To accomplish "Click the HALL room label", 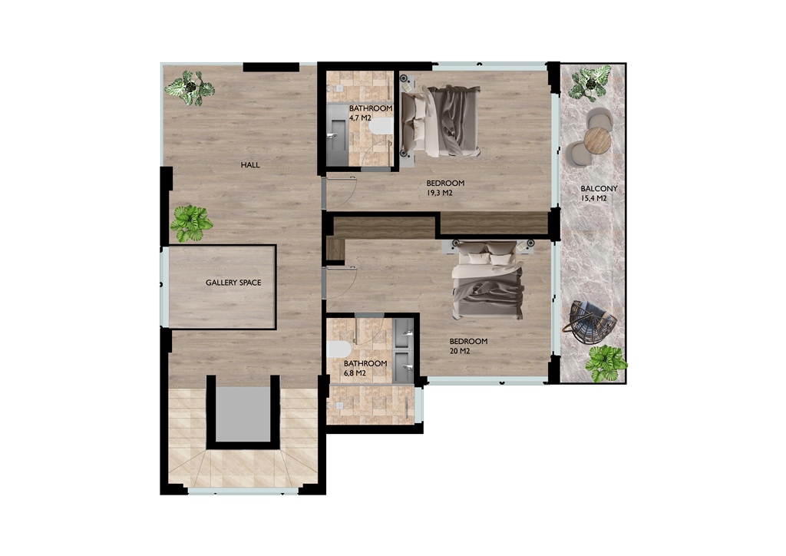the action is tap(250, 165).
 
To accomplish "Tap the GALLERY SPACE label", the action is tap(233, 283).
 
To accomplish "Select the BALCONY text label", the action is tap(599, 189).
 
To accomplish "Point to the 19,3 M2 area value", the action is tap(440, 193).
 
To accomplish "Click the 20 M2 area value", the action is tap(460, 351).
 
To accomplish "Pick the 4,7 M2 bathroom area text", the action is tap(360, 118).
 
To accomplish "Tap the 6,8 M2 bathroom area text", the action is tap(355, 373).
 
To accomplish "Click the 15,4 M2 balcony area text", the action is tap(593, 199).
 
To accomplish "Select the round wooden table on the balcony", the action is tap(597, 141).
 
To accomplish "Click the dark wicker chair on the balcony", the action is tap(589, 322).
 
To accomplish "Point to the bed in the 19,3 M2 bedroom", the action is tap(441, 121).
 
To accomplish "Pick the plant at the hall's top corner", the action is tap(190, 88).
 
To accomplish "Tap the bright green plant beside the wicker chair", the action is tap(606, 363).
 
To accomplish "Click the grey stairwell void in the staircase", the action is tap(243, 414).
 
